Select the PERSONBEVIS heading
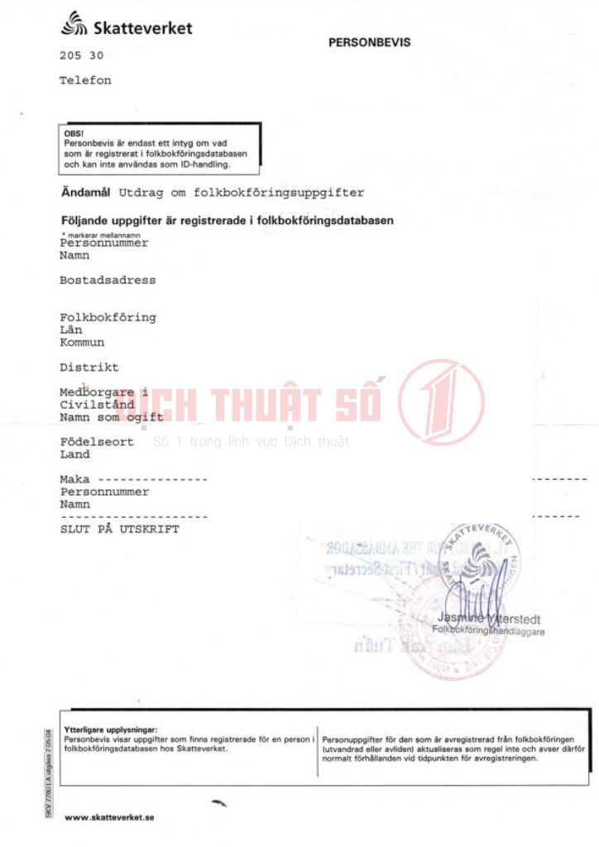pos(369,42)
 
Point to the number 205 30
pos(81,56)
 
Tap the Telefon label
pos(85,81)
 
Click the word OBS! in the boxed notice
pos(74,133)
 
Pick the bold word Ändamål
pos(86,192)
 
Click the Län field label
pos(71,330)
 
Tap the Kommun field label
pos(82,342)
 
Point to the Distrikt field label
pos(89,367)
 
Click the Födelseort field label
pos(97,442)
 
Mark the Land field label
pos(74,454)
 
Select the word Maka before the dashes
pos(74,479)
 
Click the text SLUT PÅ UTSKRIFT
pos(119,529)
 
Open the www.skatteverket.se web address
pos(109,818)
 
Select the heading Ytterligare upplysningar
pos(110,729)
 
